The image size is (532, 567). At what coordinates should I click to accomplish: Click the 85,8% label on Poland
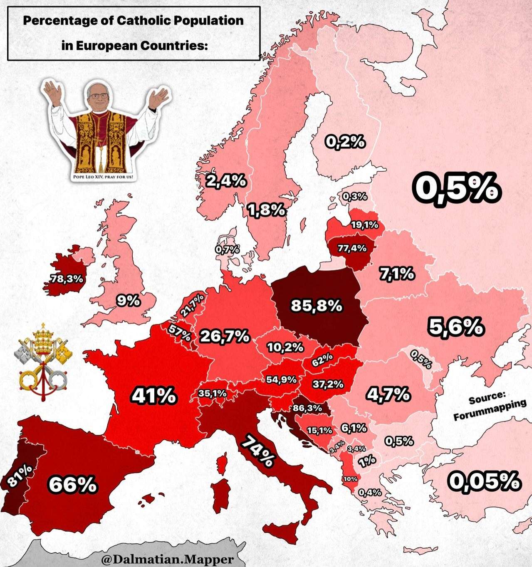pyautogui.click(x=316, y=306)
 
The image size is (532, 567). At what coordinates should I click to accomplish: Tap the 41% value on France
pyautogui.click(x=154, y=395)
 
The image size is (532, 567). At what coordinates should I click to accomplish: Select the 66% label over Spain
pyautogui.click(x=73, y=485)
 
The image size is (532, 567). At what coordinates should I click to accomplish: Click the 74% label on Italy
pyautogui.click(x=258, y=451)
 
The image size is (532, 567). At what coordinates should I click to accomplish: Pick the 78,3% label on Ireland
pyautogui.click(x=67, y=279)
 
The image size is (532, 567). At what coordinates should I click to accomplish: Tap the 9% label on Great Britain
pyautogui.click(x=128, y=300)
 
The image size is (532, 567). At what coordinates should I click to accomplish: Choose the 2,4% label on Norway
pyautogui.click(x=226, y=181)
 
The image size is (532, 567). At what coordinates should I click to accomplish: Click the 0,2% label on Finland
pyautogui.click(x=345, y=142)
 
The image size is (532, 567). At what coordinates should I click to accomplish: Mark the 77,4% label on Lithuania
pyautogui.click(x=352, y=249)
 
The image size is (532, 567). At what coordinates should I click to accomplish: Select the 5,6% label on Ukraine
pyautogui.click(x=456, y=327)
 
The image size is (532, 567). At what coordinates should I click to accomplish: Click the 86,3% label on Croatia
pyautogui.click(x=307, y=408)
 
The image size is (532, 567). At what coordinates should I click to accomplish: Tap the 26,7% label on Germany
pyautogui.click(x=225, y=336)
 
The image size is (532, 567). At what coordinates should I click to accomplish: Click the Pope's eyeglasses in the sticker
pyautogui.click(x=98, y=96)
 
